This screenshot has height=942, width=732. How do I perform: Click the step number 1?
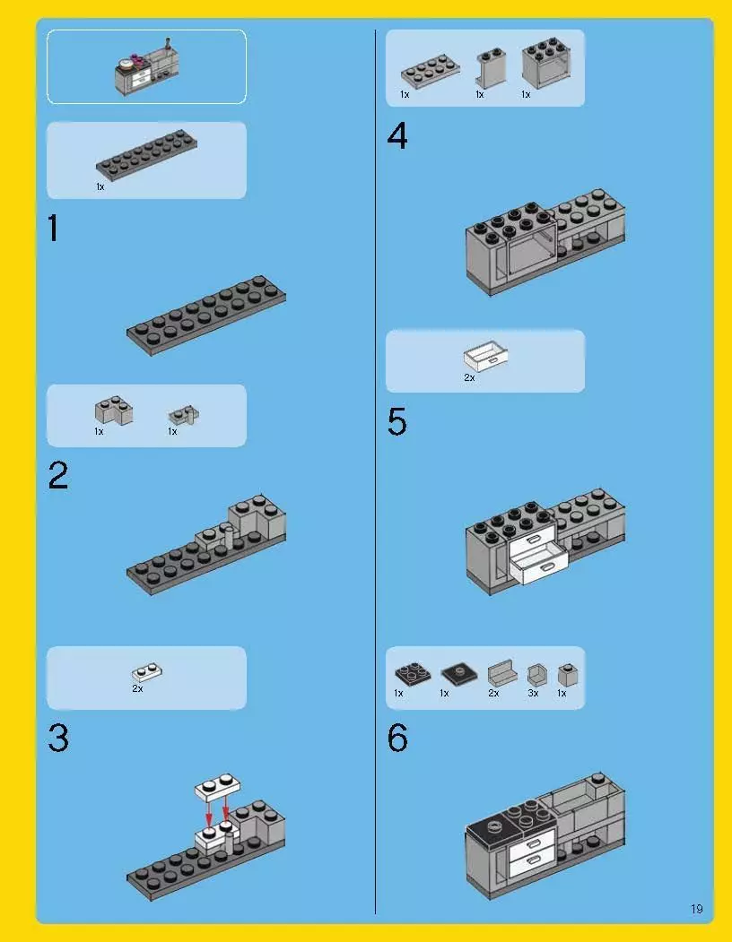[x=54, y=229]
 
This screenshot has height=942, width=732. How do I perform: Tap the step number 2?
[x=58, y=476]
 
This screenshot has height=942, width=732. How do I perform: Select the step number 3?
[x=58, y=739]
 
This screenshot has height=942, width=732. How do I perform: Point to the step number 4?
[x=397, y=136]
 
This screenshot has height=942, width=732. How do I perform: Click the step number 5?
[x=397, y=422]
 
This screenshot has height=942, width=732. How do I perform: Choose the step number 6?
[x=397, y=738]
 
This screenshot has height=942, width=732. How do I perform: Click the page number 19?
[x=696, y=909]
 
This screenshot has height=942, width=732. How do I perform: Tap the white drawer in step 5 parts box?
[x=485, y=356]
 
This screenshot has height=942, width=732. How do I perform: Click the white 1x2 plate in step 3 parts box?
[x=147, y=672]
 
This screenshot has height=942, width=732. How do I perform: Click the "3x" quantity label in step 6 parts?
[x=533, y=694]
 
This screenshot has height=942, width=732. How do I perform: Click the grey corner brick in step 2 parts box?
[x=114, y=411]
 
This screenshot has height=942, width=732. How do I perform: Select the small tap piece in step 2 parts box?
[x=184, y=415]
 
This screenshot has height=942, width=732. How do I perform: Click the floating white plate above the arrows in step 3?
[x=217, y=786]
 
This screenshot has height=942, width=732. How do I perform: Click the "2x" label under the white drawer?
[x=469, y=377]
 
